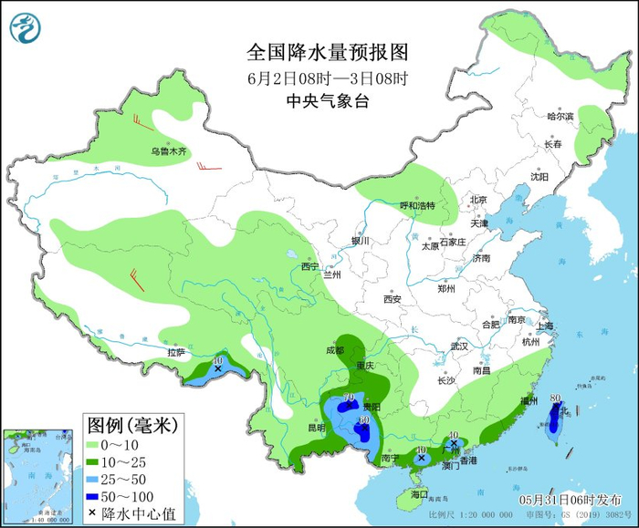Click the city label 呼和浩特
(417, 205)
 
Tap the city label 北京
(478, 200)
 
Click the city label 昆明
(316, 427)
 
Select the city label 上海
(547, 326)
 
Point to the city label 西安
(393, 298)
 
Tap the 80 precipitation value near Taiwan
(556, 398)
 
